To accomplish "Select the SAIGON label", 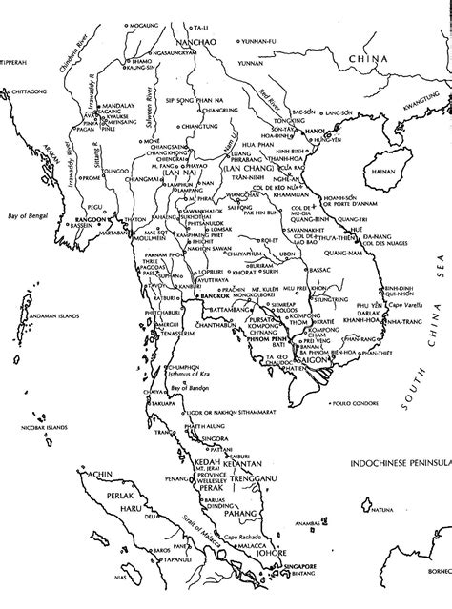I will pos(311,361).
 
